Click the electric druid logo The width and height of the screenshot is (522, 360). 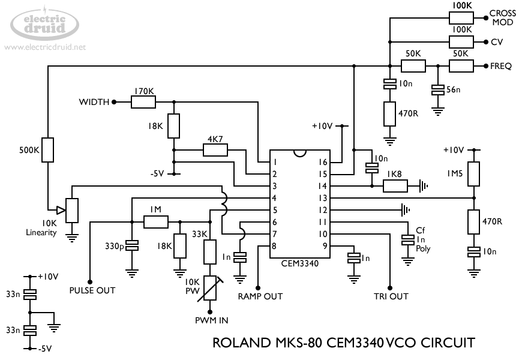(x=44, y=23)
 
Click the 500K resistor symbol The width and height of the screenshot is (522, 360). (x=49, y=150)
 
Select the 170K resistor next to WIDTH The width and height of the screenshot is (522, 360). (x=143, y=102)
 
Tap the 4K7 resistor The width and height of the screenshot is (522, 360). (x=215, y=150)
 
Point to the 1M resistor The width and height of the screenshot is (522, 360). (x=155, y=222)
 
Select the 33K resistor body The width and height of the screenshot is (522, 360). (x=210, y=251)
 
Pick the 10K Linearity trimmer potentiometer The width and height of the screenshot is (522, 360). (x=72, y=210)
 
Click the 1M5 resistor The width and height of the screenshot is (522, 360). (x=474, y=173)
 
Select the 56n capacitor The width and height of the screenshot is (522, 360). (x=438, y=89)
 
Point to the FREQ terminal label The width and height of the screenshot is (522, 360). (x=500, y=66)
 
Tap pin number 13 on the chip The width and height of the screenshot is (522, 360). (x=323, y=198)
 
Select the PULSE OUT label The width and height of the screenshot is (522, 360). (x=92, y=290)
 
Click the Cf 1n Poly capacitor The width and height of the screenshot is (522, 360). (x=408, y=239)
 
